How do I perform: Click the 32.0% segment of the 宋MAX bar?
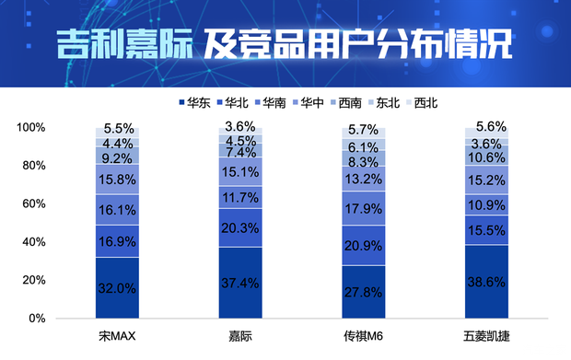(x=116, y=287)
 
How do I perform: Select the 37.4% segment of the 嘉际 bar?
(x=240, y=283)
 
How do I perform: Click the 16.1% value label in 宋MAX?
(x=116, y=210)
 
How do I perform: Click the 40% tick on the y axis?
(x=33, y=242)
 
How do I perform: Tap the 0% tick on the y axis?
(x=37, y=319)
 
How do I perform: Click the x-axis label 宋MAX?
(x=116, y=337)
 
